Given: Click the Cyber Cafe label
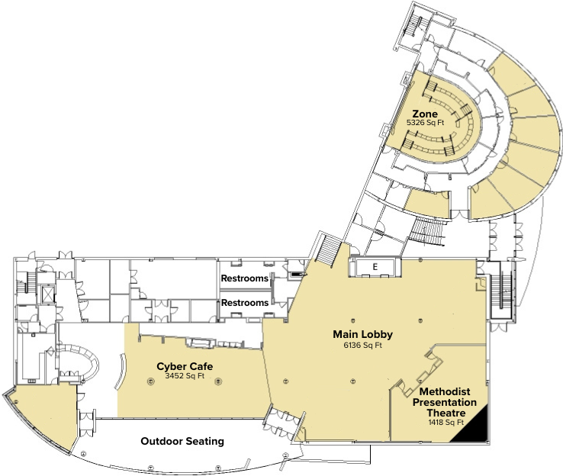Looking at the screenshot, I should point(185,365).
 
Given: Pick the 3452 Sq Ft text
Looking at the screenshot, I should point(185,375).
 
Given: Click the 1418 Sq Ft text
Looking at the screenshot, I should point(446,422).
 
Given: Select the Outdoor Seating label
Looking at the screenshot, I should point(182,441).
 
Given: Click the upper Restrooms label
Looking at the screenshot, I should point(245,278).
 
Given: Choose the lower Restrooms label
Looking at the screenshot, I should point(245,303).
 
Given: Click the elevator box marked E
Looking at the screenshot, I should point(375,266).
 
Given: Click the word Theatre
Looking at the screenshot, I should point(446,412).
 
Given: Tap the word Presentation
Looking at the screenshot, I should point(445,402).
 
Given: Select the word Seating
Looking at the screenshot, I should point(204,441).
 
